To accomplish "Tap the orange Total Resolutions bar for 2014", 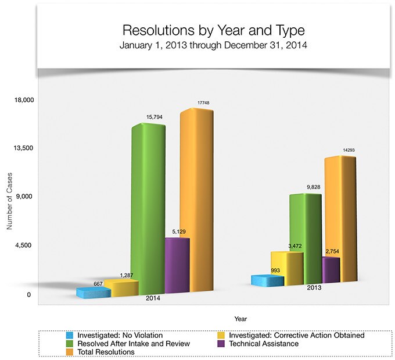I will pos(195,201).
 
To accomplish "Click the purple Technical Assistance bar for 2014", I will pos(177,265).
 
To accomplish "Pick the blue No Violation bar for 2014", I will pos(93,292).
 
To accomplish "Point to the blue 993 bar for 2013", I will pos(267,281).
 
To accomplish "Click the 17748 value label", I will pos(203,103).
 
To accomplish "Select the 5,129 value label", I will pos(178,231).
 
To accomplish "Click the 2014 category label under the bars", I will pos(153,298).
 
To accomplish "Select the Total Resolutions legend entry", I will pos(102,352).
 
